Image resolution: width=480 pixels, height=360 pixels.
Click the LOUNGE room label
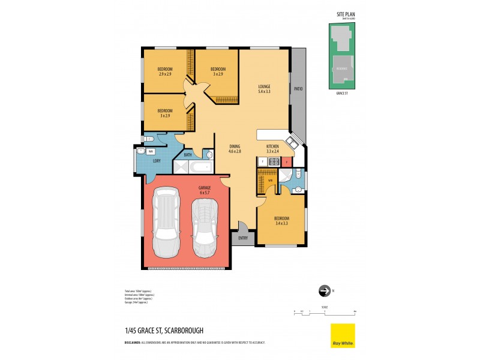264,89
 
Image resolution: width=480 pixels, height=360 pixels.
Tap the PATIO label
298,89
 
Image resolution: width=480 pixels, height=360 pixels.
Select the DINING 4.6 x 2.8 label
234,149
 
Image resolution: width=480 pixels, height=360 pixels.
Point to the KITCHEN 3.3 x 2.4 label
272,149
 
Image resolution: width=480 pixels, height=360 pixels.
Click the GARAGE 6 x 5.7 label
205,190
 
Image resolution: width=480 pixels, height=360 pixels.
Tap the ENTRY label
242,238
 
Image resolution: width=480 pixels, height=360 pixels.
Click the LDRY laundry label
156,160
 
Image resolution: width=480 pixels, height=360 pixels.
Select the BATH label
188,155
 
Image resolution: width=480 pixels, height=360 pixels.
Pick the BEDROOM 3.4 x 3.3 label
281,220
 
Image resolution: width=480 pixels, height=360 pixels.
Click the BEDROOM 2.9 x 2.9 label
165,71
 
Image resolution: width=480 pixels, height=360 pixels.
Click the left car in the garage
166,222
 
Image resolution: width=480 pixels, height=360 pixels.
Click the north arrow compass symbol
325,291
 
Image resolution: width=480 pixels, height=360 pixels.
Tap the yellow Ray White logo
343,335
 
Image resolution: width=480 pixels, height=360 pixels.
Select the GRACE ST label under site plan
342,93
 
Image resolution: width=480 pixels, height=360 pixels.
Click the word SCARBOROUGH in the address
182,330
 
